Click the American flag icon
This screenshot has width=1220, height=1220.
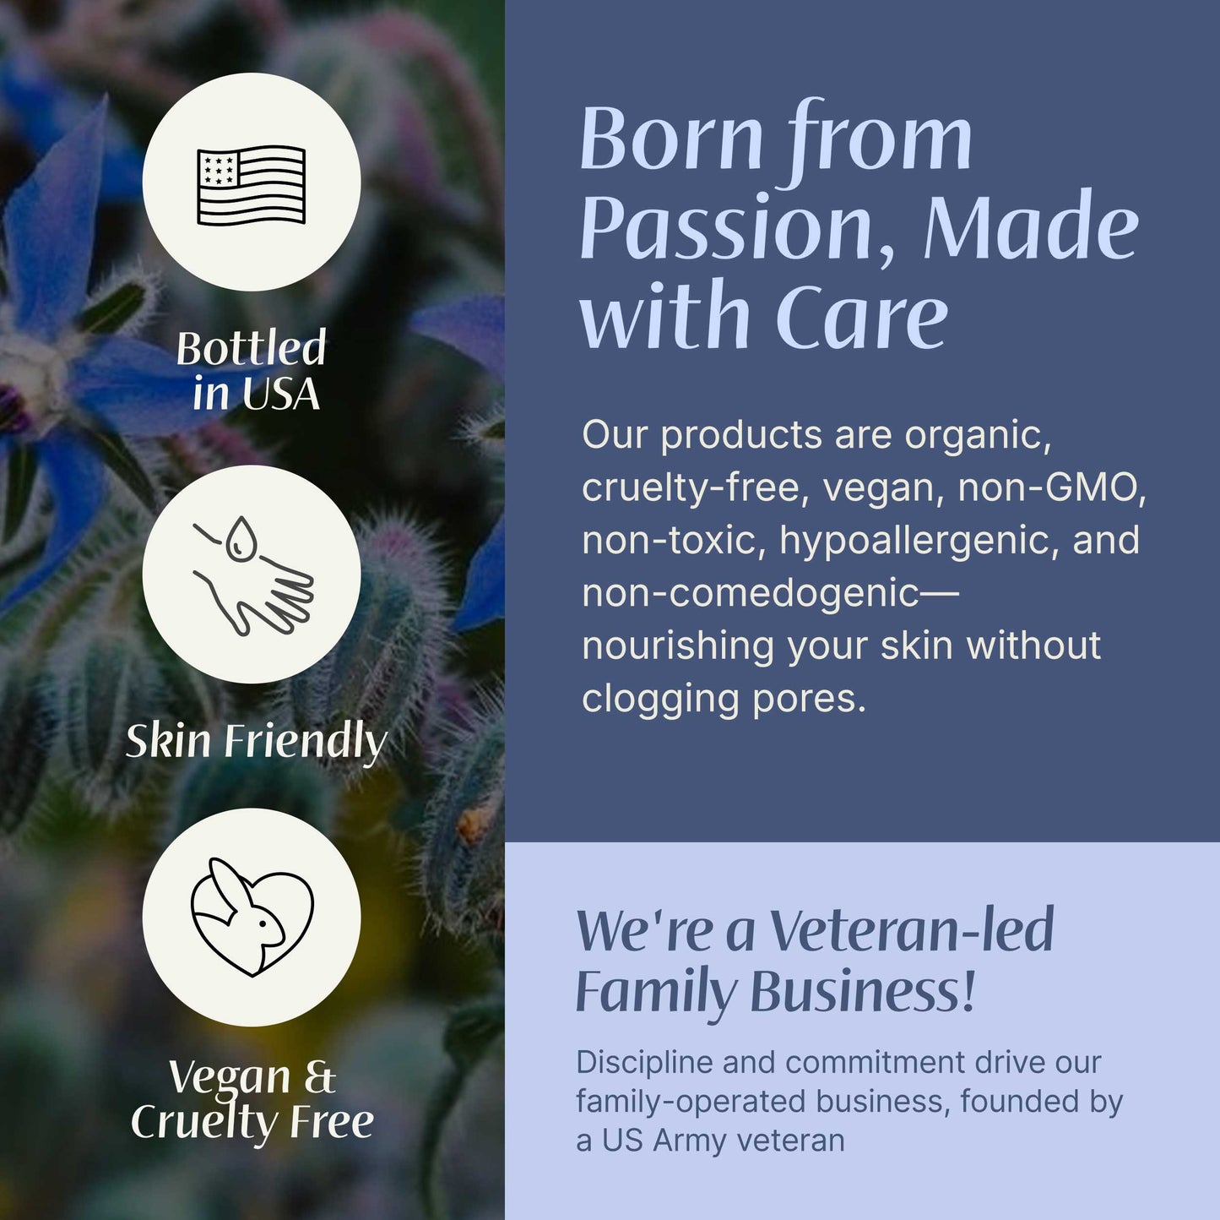[x=251, y=184]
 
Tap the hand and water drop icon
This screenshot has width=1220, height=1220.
[x=252, y=575]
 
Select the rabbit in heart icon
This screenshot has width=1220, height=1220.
[x=252, y=918]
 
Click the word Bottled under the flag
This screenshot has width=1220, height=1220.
[x=251, y=348]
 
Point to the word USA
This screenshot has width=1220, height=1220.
[x=281, y=395]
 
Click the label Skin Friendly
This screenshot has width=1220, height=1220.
[x=256, y=741]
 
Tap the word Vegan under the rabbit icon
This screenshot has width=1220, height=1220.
[x=229, y=1077]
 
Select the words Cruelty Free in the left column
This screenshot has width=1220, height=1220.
[x=252, y=1122]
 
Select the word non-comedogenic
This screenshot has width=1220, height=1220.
[x=750, y=593]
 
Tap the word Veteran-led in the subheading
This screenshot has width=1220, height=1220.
[x=913, y=930]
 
